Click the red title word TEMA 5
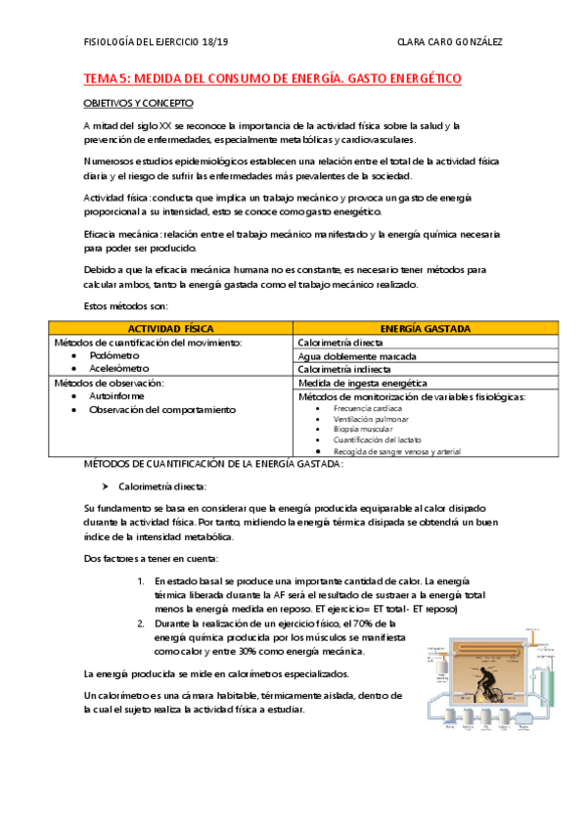tap(106, 77)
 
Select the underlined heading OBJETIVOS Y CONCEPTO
tap(137, 102)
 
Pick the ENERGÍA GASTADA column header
tap(425, 328)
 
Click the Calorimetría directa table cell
tap(340, 343)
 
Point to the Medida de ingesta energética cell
tap(362, 384)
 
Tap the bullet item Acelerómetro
tap(119, 370)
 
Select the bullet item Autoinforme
tap(116, 396)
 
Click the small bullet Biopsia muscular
tap(364, 430)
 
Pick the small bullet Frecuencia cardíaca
tap(367, 408)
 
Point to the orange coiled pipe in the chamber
tap(489, 648)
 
